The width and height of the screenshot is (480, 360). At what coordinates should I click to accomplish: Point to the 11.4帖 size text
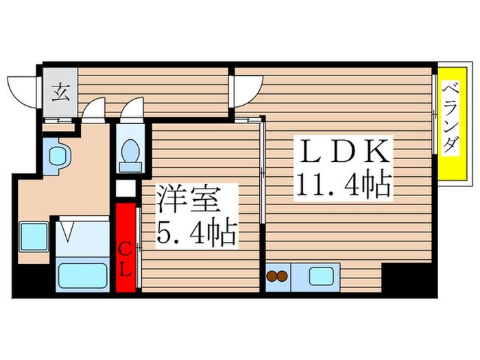tap(344, 184)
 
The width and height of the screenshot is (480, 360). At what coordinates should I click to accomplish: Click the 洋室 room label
tap(189, 200)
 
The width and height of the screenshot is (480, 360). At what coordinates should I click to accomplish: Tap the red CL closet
tap(126, 248)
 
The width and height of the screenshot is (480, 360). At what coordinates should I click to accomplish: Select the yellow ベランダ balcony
tap(450, 125)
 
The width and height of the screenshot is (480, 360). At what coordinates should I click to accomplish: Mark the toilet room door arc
tap(132, 108)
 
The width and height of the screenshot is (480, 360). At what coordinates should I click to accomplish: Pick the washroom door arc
tap(94, 108)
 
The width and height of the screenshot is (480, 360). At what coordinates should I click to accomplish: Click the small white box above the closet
tap(125, 187)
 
